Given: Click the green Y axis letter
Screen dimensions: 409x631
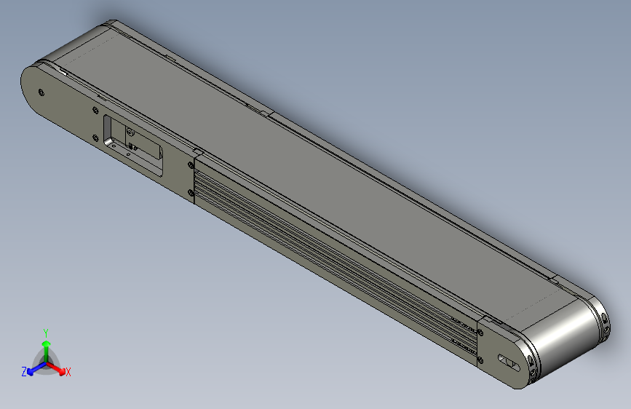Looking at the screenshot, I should coord(45,331).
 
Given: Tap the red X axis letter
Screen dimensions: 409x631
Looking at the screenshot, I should coord(68,373).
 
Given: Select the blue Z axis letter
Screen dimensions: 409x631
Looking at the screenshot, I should coord(24,372).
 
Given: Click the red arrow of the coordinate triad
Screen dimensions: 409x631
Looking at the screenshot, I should coord(58,367).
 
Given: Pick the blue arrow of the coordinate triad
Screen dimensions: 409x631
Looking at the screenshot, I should coord(33,367).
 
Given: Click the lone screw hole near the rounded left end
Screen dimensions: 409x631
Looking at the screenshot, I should coord(41,92).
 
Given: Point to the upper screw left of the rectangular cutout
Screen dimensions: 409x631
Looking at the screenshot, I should coord(96,110).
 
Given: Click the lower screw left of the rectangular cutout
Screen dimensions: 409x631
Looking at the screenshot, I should coord(95,137).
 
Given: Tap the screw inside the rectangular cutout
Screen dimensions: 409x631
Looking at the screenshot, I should coord(130,132).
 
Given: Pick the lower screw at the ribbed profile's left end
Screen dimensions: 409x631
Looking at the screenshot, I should coord(191,193).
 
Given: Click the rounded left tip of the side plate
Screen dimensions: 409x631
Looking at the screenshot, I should coord(28,87).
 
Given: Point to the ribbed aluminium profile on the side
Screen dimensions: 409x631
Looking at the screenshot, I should coord(328,255).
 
